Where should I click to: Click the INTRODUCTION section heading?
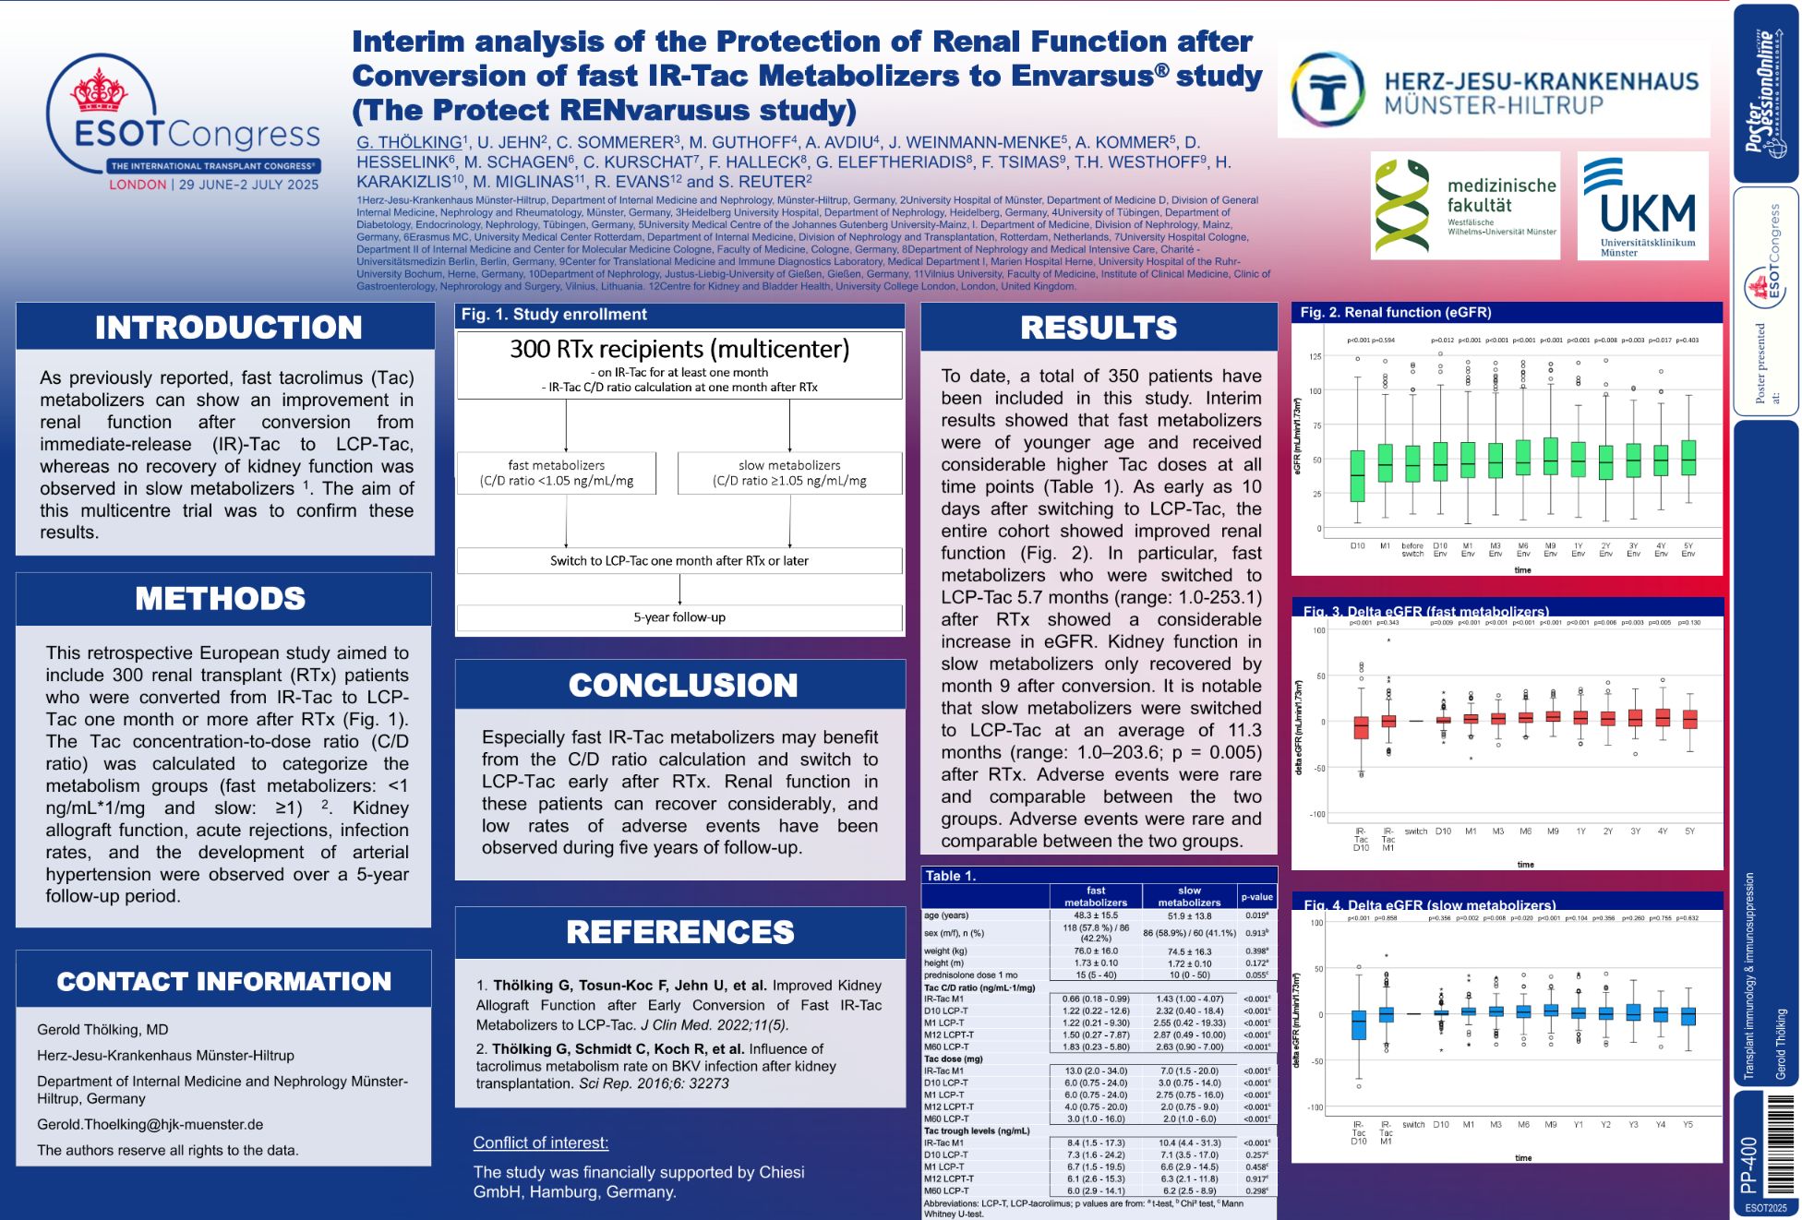pos(228,328)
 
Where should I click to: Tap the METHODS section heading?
pos(220,599)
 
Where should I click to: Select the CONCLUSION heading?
pos(682,686)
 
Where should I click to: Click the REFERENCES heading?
pos(680,932)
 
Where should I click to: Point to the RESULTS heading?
pos(1099,328)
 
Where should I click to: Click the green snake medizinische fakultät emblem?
pos(1401,206)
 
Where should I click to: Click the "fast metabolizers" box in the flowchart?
pos(557,472)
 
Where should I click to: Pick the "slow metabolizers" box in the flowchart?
pos(789,472)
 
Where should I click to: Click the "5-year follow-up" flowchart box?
pos(679,617)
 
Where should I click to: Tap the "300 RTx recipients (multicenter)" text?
pos(679,349)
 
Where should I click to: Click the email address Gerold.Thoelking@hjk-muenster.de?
pos(150,1124)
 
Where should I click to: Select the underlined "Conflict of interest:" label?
pos(541,1142)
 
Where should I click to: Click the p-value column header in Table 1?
pos(1256,896)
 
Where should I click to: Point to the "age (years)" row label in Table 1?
pos(946,915)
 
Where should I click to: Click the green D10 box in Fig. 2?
pos(1357,475)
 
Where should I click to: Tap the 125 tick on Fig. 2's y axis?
pos(1315,356)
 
